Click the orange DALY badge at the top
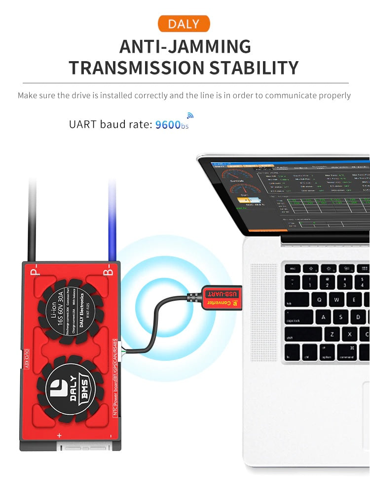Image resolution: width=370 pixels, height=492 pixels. point(184,24)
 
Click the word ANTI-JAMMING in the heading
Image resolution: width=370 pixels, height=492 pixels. point(185,46)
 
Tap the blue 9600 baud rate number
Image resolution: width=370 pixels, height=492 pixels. point(168,125)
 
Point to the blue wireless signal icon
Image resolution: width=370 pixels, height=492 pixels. point(190,115)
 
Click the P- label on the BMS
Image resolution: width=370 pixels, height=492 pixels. point(34,272)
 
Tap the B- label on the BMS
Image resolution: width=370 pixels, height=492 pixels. point(108,272)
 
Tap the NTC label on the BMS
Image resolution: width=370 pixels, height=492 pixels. point(115,408)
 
